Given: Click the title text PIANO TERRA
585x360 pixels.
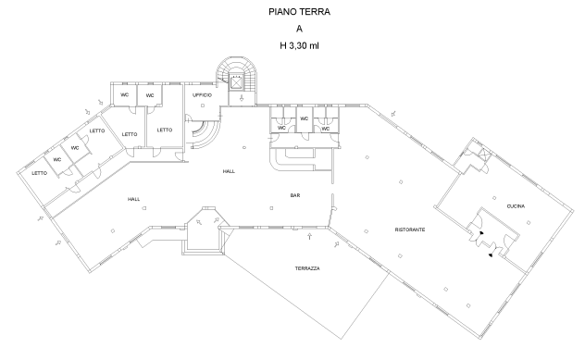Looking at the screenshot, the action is (299, 12).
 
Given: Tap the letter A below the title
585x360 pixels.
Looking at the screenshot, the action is (299, 29).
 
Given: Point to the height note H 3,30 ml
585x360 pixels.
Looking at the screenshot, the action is (299, 46).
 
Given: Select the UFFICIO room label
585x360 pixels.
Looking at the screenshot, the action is (202, 95).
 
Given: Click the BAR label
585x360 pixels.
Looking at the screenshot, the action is (295, 195).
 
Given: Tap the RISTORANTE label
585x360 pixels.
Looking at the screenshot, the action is (410, 230).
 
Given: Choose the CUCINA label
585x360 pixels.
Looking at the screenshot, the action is (516, 206).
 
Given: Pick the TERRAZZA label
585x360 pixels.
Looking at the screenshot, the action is (307, 268).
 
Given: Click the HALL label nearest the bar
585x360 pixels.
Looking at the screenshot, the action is (229, 171).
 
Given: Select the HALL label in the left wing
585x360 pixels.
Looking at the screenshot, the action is (133, 199).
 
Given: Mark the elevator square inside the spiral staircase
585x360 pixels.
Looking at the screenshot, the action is (236, 82).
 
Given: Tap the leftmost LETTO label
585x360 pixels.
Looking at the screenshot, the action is (39, 173).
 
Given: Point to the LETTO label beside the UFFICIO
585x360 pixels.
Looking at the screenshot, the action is (165, 130).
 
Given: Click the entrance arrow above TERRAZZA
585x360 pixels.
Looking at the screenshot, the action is (309, 236).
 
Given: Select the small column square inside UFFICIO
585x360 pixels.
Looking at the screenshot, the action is (203, 106).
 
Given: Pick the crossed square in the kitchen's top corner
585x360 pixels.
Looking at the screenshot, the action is (483, 154).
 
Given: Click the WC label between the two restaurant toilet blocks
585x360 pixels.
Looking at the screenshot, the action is (304, 118).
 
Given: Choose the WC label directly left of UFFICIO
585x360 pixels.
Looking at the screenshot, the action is (150, 95).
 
